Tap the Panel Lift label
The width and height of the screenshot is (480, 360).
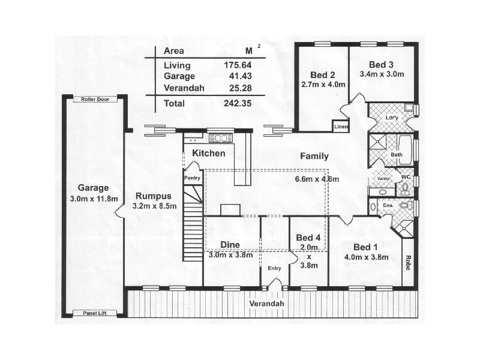[94, 313]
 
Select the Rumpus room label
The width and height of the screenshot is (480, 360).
[154, 196]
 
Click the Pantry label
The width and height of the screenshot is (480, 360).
[192, 178]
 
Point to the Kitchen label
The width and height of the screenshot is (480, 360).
[208, 154]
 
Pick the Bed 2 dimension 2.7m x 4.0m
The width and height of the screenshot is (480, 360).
[323, 85]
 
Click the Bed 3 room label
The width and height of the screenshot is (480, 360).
[381, 65]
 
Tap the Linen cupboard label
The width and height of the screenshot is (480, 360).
[341, 127]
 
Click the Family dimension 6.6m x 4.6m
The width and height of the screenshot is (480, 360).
[317, 179]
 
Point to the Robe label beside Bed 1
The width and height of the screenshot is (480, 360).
[408, 262]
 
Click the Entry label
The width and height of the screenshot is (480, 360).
[274, 268]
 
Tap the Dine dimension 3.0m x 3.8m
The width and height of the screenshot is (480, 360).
[230, 255]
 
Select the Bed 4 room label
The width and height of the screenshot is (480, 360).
[308, 237]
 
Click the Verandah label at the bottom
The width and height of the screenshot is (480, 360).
[266, 304]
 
